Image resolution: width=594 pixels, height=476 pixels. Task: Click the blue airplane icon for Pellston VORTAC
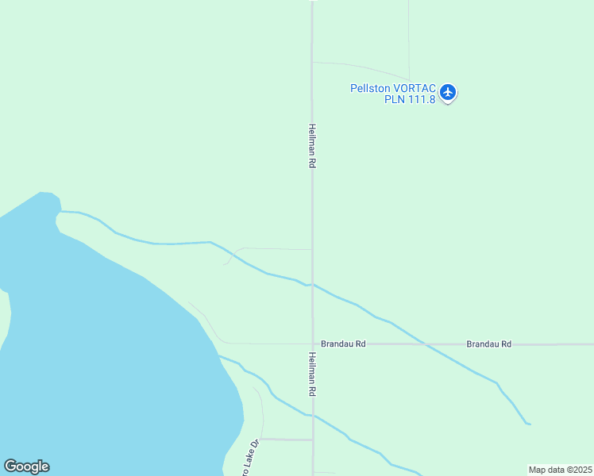pos(448,93)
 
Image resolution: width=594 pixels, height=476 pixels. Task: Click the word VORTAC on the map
pos(415,88)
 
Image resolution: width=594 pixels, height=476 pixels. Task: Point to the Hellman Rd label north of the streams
pos(313,145)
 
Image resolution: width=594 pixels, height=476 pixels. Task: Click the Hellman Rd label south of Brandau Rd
pos(313,375)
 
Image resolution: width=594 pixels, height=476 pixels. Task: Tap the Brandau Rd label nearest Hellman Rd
pos(343,344)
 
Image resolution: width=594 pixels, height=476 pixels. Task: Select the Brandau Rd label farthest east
pos(488,344)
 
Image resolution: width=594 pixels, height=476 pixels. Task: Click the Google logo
pos(26,466)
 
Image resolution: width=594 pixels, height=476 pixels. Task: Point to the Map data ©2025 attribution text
pos(561,470)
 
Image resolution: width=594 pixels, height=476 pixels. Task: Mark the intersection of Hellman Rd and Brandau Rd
pos(313,344)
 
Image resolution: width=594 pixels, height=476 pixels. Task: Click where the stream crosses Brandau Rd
pos(424,344)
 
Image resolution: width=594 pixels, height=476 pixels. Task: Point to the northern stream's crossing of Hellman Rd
pos(313,285)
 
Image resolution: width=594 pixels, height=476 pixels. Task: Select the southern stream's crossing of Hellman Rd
pos(313,415)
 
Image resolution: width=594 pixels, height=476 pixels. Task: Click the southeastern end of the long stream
pos(528,424)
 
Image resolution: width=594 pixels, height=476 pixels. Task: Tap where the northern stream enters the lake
pos(61,212)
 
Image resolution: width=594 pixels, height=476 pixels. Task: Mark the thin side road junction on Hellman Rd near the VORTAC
pos(313,62)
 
